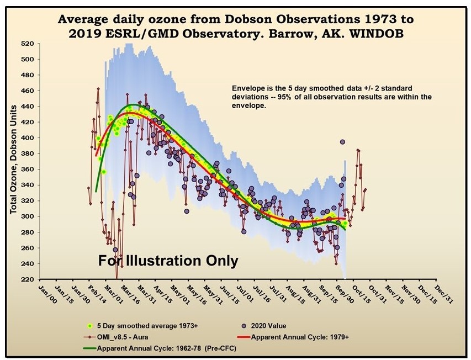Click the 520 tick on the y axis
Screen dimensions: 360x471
pos(27,44)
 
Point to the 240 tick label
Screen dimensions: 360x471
pos(27,263)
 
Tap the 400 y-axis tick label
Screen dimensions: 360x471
pos(27,138)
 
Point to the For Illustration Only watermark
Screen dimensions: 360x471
pos(168,260)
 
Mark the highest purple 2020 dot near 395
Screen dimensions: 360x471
pos(342,142)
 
